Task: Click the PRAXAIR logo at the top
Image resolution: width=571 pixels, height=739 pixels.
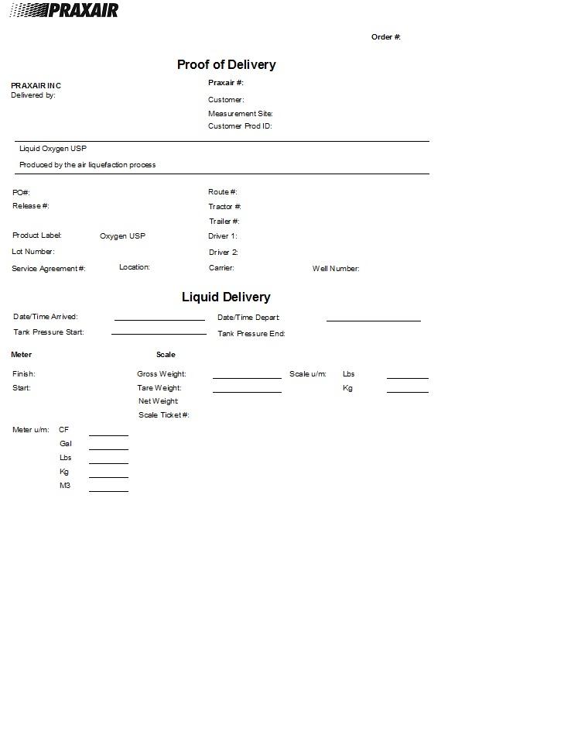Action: click(64, 10)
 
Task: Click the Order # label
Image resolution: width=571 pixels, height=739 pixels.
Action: click(385, 37)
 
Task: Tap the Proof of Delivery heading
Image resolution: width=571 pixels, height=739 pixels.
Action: click(226, 65)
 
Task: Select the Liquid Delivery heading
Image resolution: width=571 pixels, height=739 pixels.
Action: click(226, 297)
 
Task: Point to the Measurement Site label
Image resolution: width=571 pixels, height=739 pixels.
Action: click(240, 114)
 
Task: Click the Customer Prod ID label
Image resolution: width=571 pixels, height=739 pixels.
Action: click(240, 126)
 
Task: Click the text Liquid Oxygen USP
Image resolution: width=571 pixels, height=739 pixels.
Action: click(47, 149)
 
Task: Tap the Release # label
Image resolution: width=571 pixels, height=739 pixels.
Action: click(31, 206)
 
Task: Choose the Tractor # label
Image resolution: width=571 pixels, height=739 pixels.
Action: click(224, 207)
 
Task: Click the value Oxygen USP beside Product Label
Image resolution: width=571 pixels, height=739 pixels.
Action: click(122, 236)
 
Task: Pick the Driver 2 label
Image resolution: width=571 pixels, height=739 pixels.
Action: click(223, 253)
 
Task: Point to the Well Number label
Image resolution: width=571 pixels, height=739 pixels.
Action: click(336, 269)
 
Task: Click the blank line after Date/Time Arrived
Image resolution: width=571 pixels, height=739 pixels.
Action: click(159, 318)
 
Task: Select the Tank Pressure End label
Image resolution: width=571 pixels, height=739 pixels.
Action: click(251, 334)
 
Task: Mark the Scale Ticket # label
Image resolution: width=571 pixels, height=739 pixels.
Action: click(164, 415)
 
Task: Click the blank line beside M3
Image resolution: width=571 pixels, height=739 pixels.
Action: click(108, 490)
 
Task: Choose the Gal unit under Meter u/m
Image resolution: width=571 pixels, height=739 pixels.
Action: click(66, 444)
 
